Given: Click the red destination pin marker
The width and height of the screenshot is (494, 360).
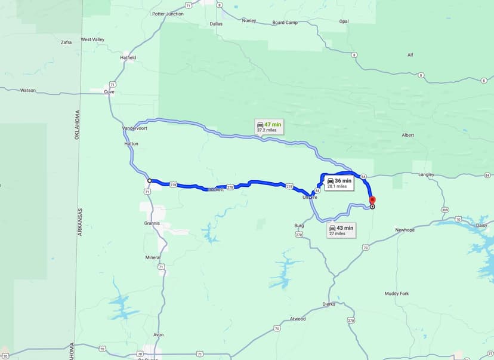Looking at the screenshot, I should [372, 200].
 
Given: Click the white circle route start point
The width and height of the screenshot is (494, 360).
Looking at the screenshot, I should [149, 180].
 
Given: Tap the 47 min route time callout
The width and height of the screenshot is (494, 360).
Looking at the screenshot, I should [268, 127].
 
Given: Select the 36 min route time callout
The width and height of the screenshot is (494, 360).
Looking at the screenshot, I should [339, 183].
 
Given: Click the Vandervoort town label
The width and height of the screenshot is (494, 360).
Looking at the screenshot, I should [134, 128].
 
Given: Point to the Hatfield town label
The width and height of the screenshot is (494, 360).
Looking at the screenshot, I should [128, 58].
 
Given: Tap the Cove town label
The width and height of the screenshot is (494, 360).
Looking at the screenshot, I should [109, 92].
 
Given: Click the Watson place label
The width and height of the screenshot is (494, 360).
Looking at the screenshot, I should [27, 91].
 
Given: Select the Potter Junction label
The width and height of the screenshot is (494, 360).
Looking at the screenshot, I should [168, 14].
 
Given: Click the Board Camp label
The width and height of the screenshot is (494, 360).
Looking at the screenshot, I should [285, 23].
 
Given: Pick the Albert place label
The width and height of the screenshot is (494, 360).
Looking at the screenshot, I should [407, 136].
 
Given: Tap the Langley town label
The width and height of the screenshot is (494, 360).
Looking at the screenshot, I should [426, 175].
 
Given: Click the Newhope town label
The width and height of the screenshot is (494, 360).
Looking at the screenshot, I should [405, 230].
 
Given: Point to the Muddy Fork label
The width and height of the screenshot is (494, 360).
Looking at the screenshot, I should [397, 294].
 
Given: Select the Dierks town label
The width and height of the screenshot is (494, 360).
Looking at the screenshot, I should [328, 304].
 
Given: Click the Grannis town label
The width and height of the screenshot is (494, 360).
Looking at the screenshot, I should [152, 223].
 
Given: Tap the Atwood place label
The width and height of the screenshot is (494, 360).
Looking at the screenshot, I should [297, 319].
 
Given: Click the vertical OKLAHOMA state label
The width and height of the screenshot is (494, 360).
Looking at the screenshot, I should [77, 125].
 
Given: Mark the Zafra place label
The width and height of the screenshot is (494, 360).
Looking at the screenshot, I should [66, 42].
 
